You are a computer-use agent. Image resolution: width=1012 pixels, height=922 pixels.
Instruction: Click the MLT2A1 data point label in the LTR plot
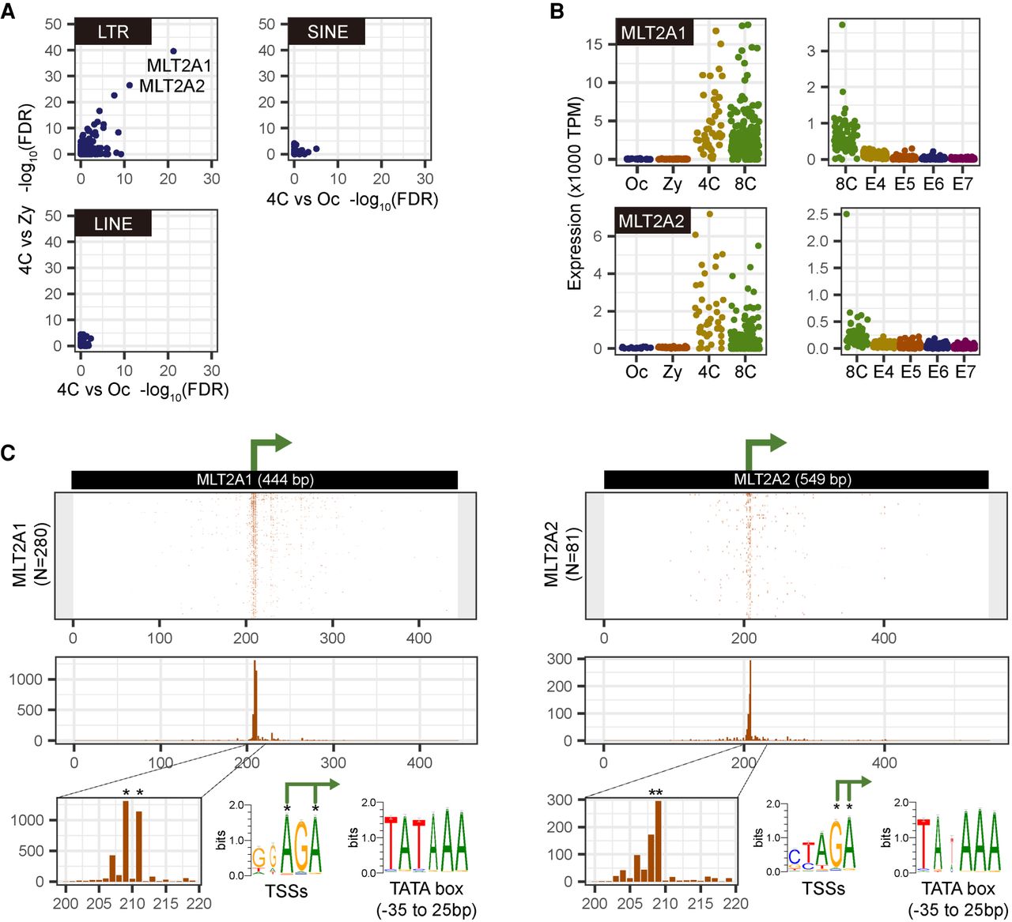pyautogui.click(x=179, y=66)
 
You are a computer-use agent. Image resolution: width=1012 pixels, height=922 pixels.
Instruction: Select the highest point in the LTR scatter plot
pyautogui.click(x=173, y=51)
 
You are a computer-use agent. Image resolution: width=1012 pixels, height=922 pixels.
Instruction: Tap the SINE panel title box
pyautogui.click(x=327, y=32)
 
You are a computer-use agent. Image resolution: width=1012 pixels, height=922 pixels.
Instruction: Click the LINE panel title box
pyautogui.click(x=112, y=224)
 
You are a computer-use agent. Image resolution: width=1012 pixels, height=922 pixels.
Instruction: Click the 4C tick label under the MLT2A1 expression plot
pyautogui.click(x=708, y=184)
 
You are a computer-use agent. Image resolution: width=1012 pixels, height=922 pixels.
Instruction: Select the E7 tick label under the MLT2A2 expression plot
pyautogui.click(x=965, y=371)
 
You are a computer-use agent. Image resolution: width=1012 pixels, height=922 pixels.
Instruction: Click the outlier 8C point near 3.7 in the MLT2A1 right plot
pyautogui.click(x=843, y=24)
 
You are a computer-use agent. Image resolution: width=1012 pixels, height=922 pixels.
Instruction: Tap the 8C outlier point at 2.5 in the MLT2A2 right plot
pyautogui.click(x=847, y=213)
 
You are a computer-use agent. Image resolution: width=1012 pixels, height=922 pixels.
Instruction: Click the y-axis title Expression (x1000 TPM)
pyautogui.click(x=575, y=194)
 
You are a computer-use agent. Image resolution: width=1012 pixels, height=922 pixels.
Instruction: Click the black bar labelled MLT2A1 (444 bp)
pyautogui.click(x=264, y=480)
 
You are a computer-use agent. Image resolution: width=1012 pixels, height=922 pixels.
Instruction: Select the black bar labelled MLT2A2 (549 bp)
pyautogui.click(x=795, y=480)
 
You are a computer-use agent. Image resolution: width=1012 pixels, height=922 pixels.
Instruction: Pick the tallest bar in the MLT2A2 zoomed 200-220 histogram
pyautogui.click(x=659, y=841)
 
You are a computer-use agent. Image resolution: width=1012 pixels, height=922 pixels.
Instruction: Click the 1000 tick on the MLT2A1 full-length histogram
pyautogui.click(x=27, y=679)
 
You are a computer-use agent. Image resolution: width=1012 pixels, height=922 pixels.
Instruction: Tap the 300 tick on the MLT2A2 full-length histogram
pyautogui.click(x=559, y=660)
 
